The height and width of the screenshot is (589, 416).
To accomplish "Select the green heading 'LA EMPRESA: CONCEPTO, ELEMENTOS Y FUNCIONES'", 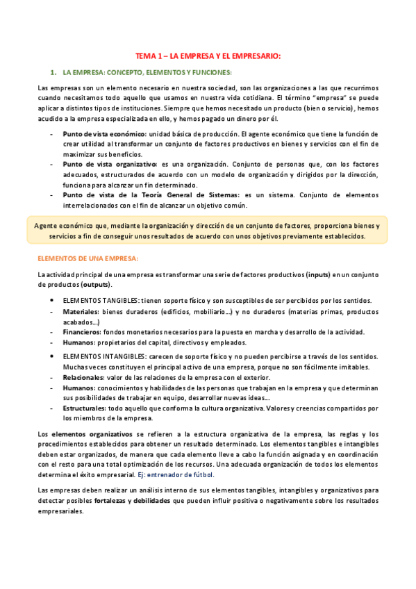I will (147, 72).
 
